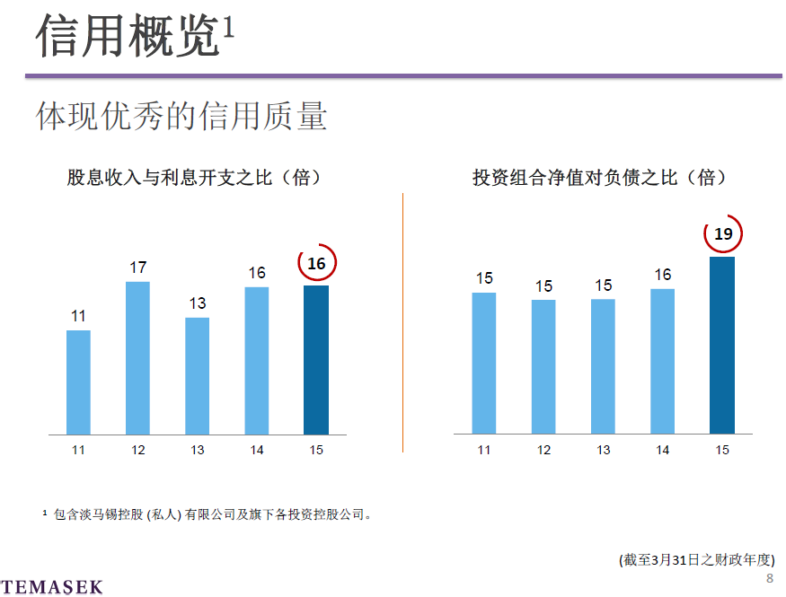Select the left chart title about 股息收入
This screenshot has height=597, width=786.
click(194, 178)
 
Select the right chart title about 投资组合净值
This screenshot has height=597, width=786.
click(600, 178)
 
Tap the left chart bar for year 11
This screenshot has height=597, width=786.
click(78, 382)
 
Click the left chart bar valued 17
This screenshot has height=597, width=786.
click(137, 358)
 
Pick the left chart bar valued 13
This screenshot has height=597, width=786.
click(197, 376)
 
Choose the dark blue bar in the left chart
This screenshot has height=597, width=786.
click(316, 360)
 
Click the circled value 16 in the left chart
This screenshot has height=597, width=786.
click(316, 264)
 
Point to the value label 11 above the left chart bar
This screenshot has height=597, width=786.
click(78, 316)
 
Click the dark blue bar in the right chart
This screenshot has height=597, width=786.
click(722, 346)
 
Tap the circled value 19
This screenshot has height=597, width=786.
click(723, 234)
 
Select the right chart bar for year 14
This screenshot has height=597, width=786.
click(662, 362)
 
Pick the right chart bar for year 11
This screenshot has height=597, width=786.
click(484, 364)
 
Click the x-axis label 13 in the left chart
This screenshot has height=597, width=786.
click(197, 450)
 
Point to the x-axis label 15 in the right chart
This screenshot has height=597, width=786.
click(722, 450)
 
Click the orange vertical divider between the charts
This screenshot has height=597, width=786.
click(402, 323)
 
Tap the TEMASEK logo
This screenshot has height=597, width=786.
click(52, 587)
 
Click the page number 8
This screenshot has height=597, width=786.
click(770, 578)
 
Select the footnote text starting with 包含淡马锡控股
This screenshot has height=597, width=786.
click(212, 514)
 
